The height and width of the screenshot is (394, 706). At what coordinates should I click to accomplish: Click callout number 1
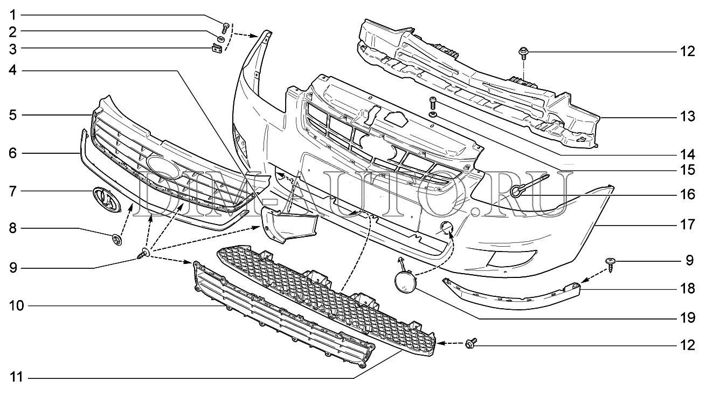(12, 13)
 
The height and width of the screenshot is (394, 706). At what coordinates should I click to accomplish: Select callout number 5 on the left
(12, 115)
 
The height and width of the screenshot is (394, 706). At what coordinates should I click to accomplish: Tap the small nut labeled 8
(115, 239)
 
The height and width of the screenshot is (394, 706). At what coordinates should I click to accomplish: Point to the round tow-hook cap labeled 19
(404, 281)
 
